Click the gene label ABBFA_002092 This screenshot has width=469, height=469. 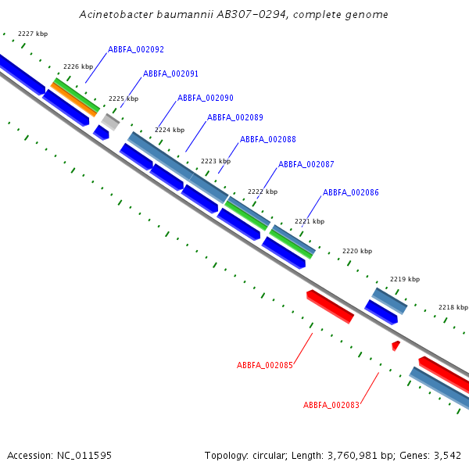point(136,50)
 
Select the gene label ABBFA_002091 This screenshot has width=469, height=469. point(170,74)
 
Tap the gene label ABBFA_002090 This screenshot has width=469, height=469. point(205,98)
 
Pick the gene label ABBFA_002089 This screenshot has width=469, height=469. point(235,117)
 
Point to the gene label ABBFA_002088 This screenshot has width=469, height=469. point(268,139)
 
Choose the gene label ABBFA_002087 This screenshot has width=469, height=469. point(306,164)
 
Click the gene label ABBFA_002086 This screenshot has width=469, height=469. point(350,192)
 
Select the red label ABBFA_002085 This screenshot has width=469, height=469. point(265,365)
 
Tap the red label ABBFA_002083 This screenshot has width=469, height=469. point(331,405)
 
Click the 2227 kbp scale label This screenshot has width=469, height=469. point(33,34)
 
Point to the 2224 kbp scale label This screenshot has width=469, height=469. point(170,130)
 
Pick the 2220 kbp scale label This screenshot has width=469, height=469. point(357,251)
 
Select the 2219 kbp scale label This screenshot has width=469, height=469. point(405,279)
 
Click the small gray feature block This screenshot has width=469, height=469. point(110,122)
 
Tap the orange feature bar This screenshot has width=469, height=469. point(74,100)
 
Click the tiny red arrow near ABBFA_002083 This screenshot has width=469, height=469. point(396,345)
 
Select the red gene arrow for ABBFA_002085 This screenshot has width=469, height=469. point(330,306)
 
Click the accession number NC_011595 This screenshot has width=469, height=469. point(84,456)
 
